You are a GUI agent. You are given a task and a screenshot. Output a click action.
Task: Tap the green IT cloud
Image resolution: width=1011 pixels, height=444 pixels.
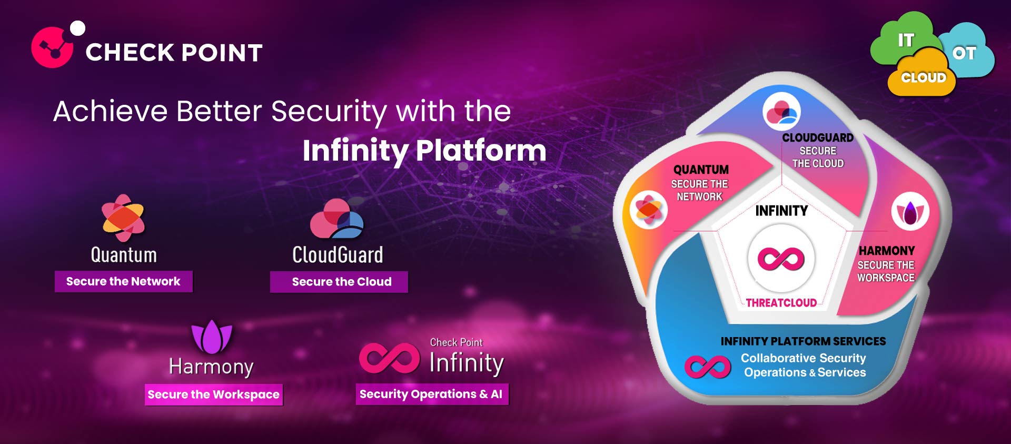(903, 40)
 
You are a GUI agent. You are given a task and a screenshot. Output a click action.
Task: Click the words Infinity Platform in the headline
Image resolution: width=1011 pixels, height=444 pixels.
(424, 150)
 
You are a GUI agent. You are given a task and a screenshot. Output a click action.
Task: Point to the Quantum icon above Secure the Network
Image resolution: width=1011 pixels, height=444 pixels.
(123, 218)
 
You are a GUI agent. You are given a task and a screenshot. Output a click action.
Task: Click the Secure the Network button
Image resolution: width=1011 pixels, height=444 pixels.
(124, 281)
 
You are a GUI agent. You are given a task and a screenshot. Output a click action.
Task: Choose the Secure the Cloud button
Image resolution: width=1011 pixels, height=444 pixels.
(339, 282)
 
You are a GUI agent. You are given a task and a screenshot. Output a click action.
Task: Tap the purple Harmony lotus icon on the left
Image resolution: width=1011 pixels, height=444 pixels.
(212, 337)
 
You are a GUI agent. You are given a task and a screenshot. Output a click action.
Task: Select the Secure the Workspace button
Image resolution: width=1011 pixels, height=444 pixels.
(214, 394)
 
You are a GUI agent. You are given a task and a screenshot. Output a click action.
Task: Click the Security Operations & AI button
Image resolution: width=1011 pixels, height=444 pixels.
(432, 394)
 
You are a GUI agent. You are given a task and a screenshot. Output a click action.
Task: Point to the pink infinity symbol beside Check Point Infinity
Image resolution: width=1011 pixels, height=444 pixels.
(390, 358)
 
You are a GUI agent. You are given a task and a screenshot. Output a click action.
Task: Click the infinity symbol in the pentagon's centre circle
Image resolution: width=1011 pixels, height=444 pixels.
(781, 259)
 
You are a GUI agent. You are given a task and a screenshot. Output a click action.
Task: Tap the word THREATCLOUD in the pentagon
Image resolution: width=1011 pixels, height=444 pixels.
(781, 303)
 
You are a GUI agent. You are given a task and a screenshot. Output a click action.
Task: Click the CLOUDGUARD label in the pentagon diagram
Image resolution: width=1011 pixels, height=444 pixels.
(818, 137)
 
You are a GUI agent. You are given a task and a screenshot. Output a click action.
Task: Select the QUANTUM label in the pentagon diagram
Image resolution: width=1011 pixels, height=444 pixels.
(701, 170)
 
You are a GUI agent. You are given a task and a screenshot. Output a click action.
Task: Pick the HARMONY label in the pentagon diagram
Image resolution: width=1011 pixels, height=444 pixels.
(887, 251)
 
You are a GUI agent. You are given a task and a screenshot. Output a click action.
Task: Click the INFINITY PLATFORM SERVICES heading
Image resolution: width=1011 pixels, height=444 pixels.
(803, 341)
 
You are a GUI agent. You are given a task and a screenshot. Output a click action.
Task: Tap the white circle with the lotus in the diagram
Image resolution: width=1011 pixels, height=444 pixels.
(910, 212)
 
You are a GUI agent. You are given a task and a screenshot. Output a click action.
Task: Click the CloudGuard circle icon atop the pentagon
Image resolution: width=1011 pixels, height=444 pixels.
(782, 112)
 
